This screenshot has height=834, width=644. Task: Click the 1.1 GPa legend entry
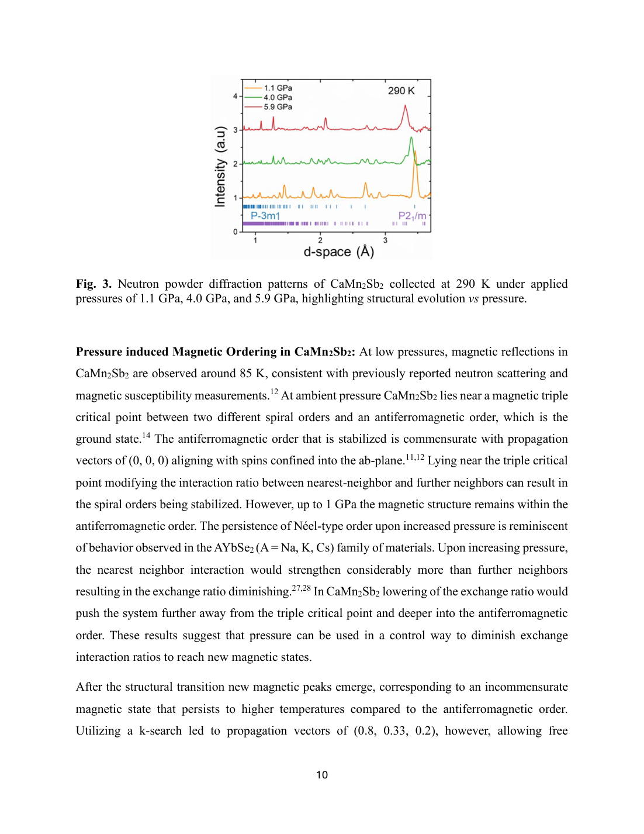pos(278,88)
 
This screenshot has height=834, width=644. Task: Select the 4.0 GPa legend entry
pos(278,98)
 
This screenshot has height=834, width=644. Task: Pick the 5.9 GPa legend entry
pos(278,107)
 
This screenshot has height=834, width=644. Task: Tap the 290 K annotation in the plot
pos(401,91)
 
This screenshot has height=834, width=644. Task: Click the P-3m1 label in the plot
pos(265,216)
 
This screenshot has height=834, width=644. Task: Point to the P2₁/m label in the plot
pos(412,216)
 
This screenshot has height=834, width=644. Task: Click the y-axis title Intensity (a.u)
pos(220,167)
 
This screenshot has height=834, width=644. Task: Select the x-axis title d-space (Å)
pos(338,252)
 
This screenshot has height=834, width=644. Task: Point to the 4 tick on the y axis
pos(236,96)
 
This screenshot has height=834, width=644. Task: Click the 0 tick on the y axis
pos(236,232)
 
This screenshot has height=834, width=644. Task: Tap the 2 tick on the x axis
pos(320,240)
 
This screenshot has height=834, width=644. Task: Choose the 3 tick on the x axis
pos(385,240)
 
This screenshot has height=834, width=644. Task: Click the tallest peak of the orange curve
pos(415,152)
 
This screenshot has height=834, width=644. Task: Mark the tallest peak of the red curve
pos(405,106)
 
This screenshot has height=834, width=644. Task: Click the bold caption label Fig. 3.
pos(94,284)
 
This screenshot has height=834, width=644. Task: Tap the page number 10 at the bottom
pos(322,775)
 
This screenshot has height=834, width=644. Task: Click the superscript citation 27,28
pos(301,588)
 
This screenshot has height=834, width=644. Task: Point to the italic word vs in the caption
pos(473,299)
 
